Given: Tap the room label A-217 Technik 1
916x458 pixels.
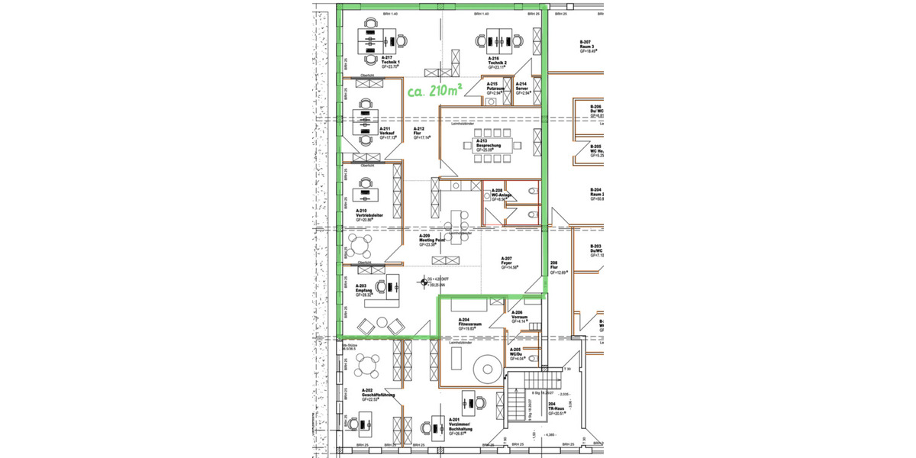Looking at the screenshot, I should (x=390, y=62).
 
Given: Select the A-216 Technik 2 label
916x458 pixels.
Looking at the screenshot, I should (x=498, y=62).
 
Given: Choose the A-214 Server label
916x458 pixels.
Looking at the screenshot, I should (x=523, y=88).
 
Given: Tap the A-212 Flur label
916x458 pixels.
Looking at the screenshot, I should (x=421, y=133).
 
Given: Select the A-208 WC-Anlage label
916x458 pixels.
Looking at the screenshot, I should (x=501, y=195).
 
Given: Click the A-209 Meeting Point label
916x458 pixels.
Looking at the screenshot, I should (x=427, y=240).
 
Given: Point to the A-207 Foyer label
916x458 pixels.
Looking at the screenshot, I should (x=510, y=263).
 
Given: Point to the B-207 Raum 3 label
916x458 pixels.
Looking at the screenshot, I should (x=588, y=46).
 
